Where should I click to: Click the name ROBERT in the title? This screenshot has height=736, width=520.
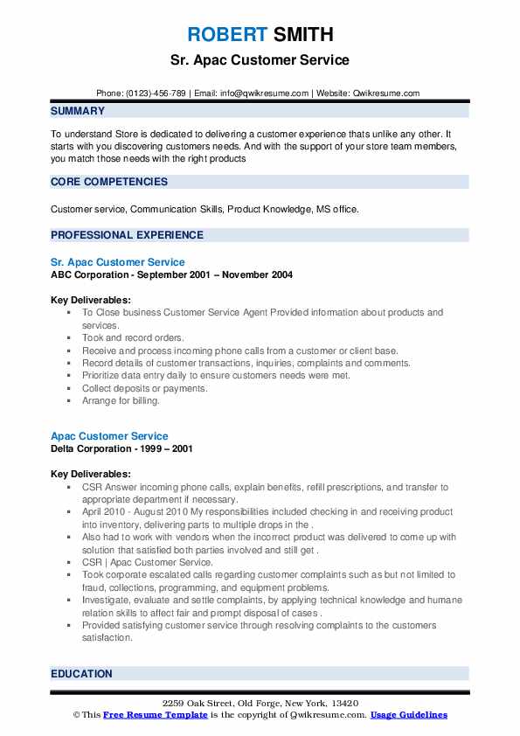tap(226, 35)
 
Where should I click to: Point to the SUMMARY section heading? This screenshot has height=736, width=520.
tap(78, 111)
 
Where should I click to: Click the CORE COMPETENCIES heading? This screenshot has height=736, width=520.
tap(109, 182)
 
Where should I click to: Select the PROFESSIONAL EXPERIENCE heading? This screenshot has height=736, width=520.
tap(127, 235)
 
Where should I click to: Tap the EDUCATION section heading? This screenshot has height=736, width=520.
tap(81, 674)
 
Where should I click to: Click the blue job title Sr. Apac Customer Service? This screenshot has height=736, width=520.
tap(118, 262)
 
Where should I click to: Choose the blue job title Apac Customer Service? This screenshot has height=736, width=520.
tap(109, 436)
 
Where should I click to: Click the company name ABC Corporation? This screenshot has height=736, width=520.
tap(92, 274)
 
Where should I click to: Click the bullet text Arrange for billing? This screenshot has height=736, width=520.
tap(121, 400)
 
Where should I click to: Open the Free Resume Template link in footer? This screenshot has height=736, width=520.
tap(156, 715)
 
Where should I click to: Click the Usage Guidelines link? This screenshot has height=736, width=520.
tap(408, 715)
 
